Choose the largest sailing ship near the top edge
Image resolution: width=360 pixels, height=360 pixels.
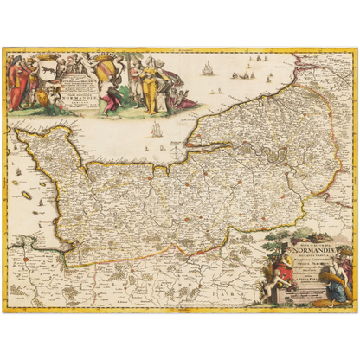tap(208, 67)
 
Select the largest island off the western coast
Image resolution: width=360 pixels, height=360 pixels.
tap(27, 195)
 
